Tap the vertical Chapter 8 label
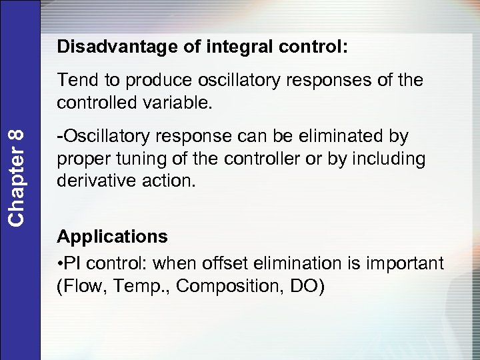point(19,177)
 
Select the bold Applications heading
point(112,237)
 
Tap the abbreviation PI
point(72,263)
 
